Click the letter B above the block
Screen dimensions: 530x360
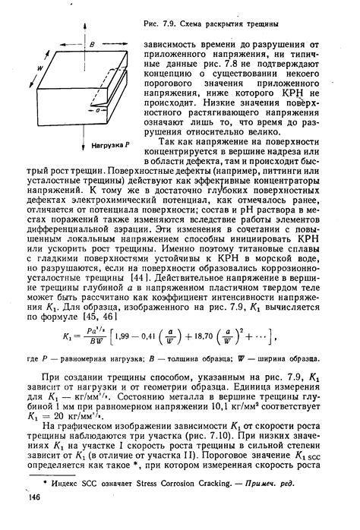pos(90,45)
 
